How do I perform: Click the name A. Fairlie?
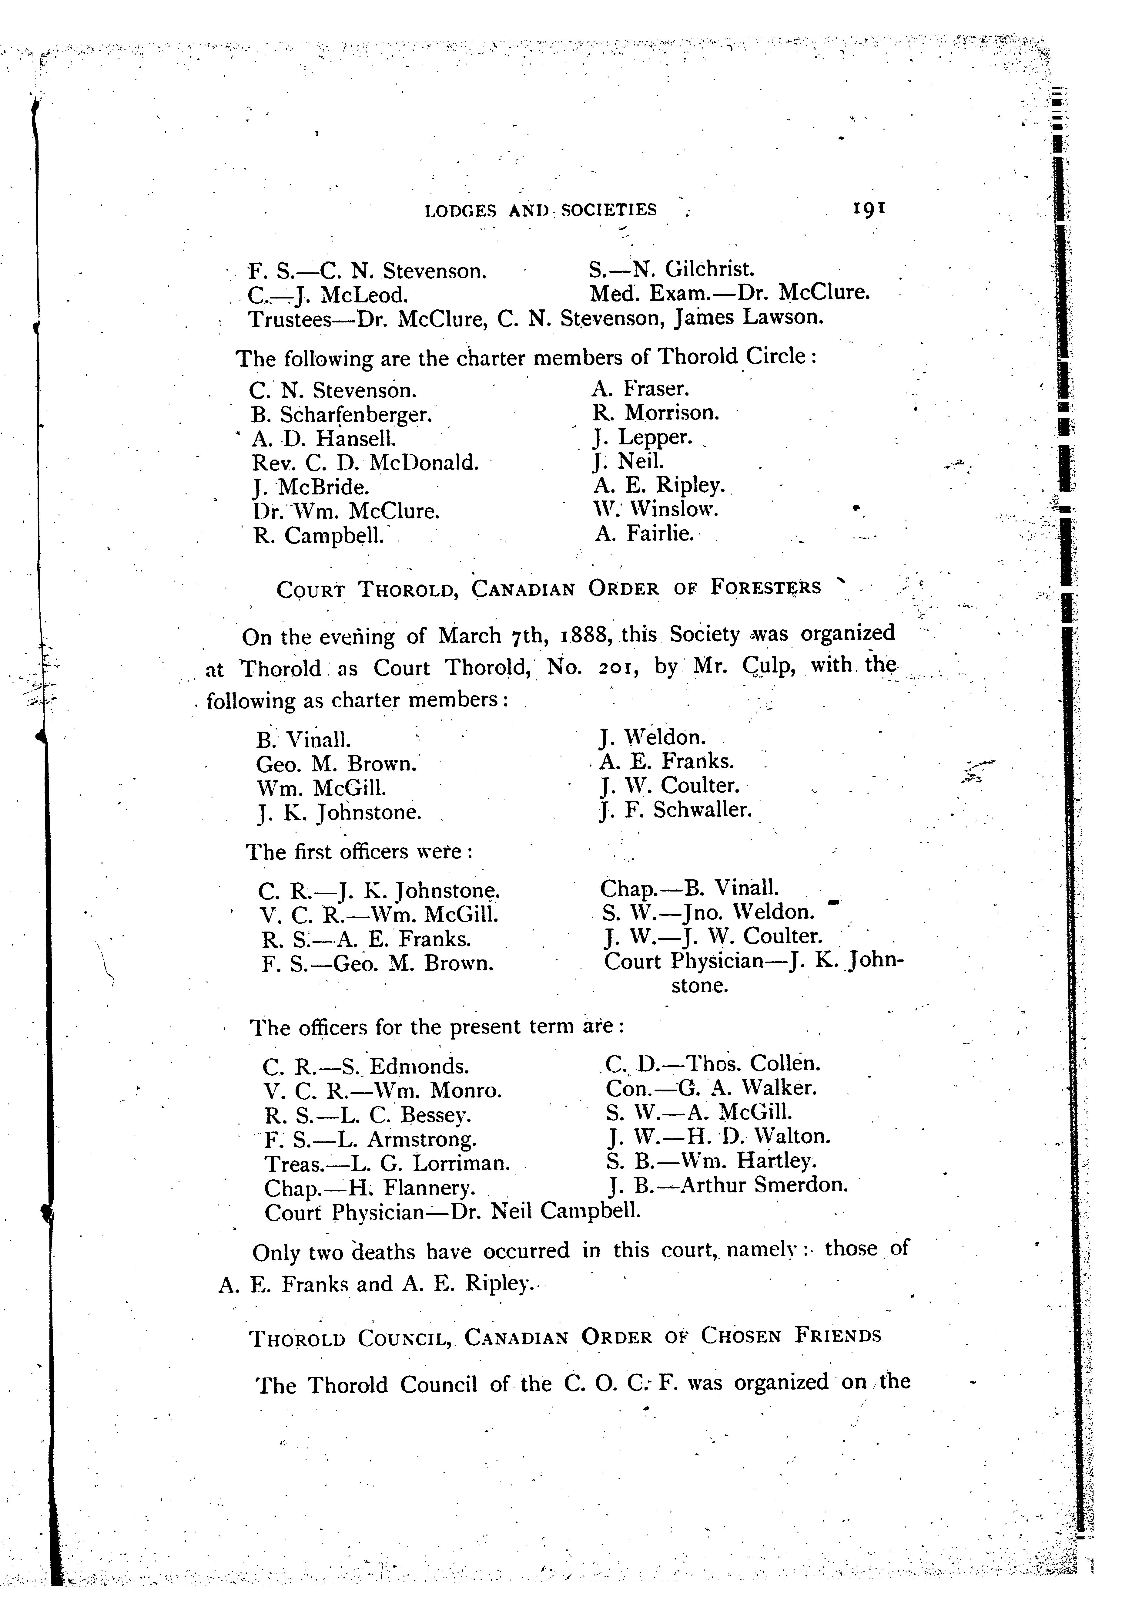point(644,534)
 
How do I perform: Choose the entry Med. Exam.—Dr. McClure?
point(729,292)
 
